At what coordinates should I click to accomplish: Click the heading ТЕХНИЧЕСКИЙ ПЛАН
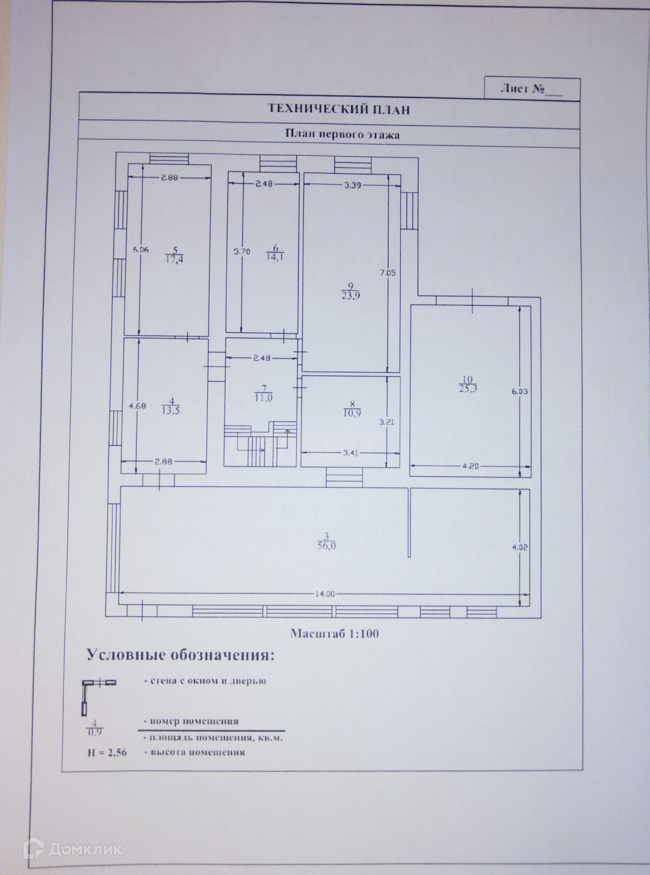pos(338,109)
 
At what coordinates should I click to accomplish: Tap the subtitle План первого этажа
pos(342,135)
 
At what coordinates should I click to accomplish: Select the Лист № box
pos(532,88)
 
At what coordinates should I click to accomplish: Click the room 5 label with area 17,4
pos(175,255)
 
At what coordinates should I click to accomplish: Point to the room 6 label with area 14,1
pos(276,251)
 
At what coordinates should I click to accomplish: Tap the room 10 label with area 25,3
pos(467,383)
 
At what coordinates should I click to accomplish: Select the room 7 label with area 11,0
pos(263,393)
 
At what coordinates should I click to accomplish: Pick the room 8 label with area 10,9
pos(352,409)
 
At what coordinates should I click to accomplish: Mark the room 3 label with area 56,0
pos(326,542)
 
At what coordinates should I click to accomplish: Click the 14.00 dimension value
pos(324,593)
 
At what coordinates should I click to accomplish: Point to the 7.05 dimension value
pos(388,272)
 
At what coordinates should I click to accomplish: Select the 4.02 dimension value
pos(520,547)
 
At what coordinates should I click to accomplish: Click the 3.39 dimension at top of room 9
pos(352,185)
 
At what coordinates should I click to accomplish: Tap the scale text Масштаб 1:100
pos(335,633)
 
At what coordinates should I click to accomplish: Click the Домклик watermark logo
pos(72,849)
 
